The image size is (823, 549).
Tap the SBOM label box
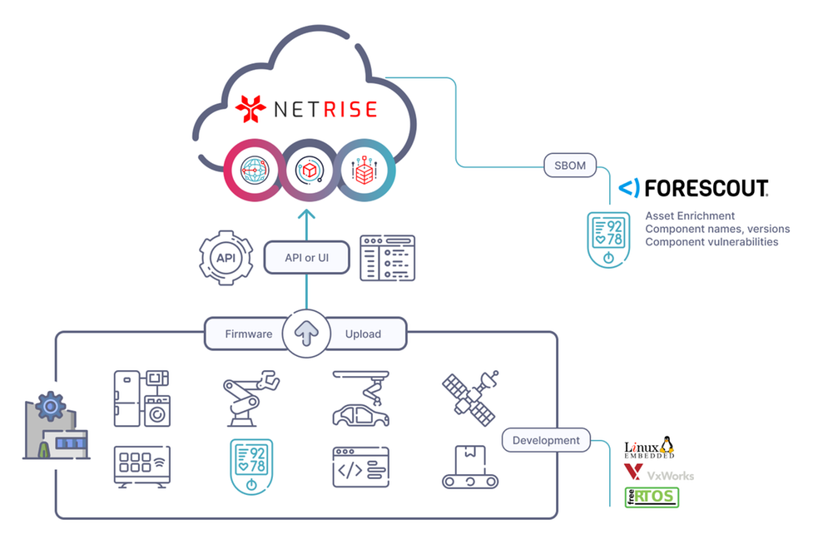coord(570,165)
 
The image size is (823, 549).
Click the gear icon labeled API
coord(226,258)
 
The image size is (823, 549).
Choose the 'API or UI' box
coord(306,258)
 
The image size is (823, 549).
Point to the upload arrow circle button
coord(305,334)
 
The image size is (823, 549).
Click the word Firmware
coord(249,334)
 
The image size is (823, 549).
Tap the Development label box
coord(546,440)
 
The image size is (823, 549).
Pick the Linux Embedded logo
coord(649,449)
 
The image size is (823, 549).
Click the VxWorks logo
coord(658,474)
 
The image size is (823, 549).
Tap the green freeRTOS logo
coord(652,497)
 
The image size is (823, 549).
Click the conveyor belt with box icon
coord(469,467)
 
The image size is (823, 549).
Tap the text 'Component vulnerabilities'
coord(711,241)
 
